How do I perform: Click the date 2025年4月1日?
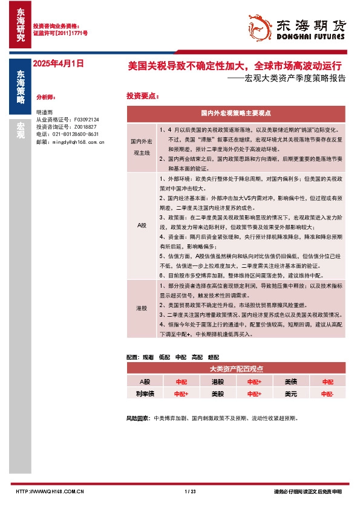click(x=57, y=63)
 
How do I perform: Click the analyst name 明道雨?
click(x=44, y=112)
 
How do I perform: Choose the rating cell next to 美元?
click(x=327, y=394)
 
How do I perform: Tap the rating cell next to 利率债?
click(x=181, y=394)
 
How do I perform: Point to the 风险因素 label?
click(x=137, y=418)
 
